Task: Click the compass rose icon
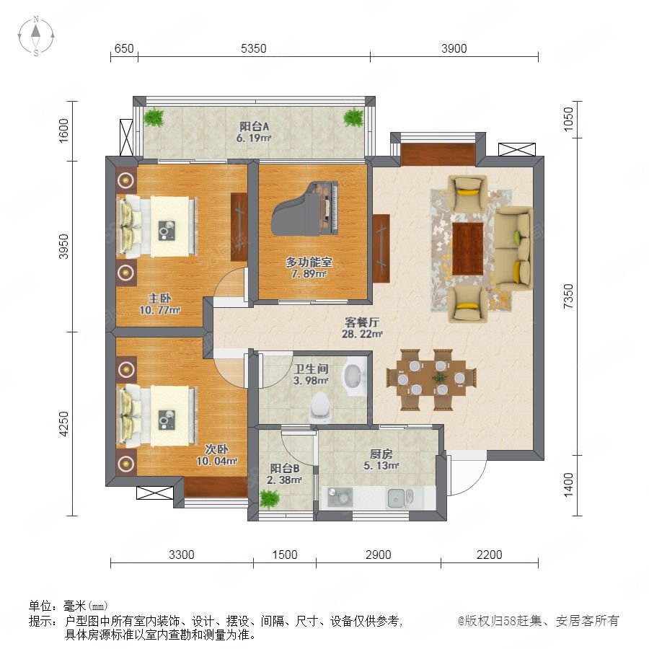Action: coord(36,36)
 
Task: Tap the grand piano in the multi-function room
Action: coord(305,208)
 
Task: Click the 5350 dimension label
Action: coord(253,48)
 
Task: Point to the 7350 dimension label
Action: coord(568,296)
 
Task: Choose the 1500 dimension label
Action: coord(285,555)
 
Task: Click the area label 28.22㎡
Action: coord(362,334)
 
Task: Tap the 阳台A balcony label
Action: coord(254,126)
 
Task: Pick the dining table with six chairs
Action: coord(431,379)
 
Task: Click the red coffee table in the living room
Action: coord(468,248)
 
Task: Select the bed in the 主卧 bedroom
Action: coord(158,226)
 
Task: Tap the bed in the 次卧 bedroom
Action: coord(158,416)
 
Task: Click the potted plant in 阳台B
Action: coord(270,498)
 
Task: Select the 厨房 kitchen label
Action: coord(381,454)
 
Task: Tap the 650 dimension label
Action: coord(124,48)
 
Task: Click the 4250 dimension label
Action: coord(63,423)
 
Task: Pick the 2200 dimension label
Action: coord(489,555)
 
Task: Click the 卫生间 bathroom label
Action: coord(312,368)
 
